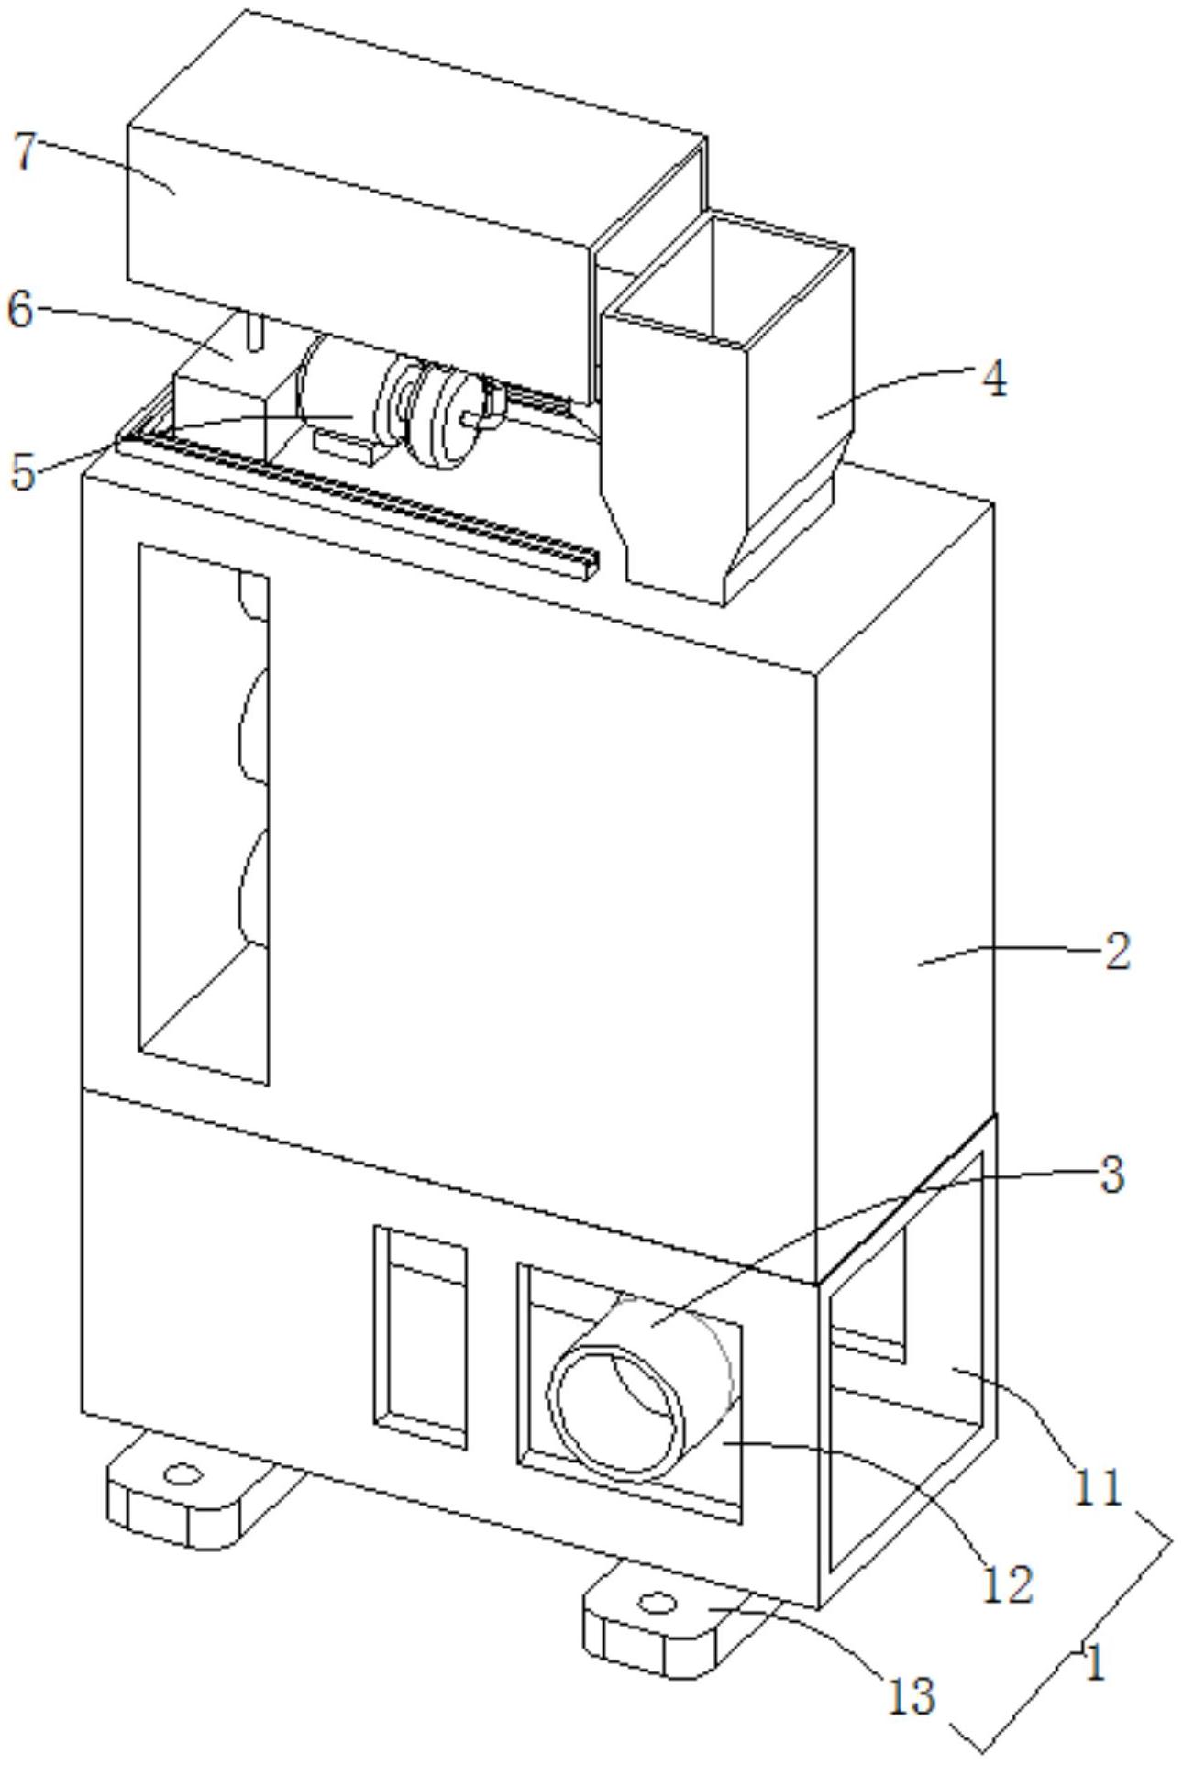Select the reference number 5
[23, 471]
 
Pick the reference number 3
[1111, 1174]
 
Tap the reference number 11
[1098, 1486]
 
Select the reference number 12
[1008, 1583]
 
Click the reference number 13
[911, 1695]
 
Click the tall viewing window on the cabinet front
[203, 816]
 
